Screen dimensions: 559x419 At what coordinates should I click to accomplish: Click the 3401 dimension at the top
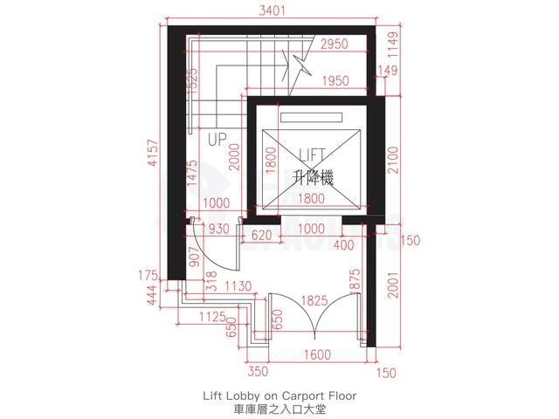pyautogui.click(x=272, y=10)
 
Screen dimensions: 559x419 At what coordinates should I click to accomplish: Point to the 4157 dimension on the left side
pyautogui.click(x=154, y=153)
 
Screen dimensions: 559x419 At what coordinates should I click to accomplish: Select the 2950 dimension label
pyautogui.click(x=335, y=45)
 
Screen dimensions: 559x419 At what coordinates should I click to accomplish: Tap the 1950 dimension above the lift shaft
pyautogui.click(x=335, y=81)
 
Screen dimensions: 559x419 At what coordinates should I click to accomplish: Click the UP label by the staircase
pyautogui.click(x=217, y=140)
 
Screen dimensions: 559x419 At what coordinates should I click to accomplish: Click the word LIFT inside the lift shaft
pyautogui.click(x=312, y=155)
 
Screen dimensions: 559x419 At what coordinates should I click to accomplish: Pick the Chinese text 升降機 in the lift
pyautogui.click(x=313, y=178)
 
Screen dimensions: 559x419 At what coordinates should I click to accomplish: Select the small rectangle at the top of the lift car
pyautogui.click(x=311, y=118)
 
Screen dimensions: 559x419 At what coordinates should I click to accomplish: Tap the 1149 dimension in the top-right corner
pyautogui.click(x=393, y=45)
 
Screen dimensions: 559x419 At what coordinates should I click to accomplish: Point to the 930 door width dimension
pyautogui.click(x=218, y=229)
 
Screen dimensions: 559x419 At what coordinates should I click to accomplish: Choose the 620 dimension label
pyautogui.click(x=261, y=235)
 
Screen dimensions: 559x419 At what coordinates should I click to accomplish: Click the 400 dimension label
pyautogui.click(x=343, y=244)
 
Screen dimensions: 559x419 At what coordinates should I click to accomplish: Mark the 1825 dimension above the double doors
pyautogui.click(x=314, y=300)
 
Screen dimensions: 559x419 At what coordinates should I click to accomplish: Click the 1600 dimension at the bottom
pyautogui.click(x=317, y=355)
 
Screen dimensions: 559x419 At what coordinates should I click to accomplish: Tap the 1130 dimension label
pyautogui.click(x=238, y=285)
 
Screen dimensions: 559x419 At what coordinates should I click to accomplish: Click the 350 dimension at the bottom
pyautogui.click(x=258, y=371)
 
